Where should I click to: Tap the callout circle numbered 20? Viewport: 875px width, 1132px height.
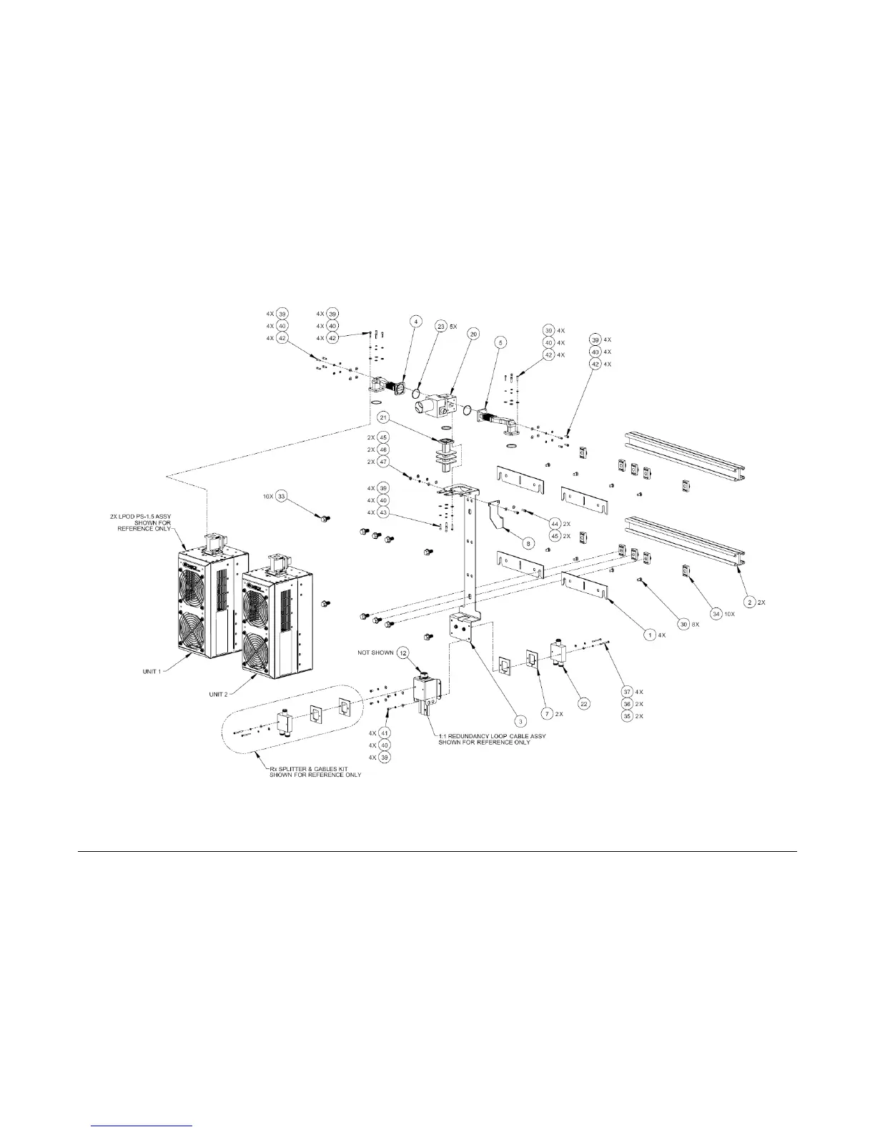click(473, 334)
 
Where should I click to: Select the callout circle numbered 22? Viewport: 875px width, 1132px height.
click(583, 704)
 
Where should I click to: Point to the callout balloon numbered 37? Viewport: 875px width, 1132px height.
click(627, 692)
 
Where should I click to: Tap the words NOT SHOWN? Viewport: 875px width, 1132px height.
click(375, 653)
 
